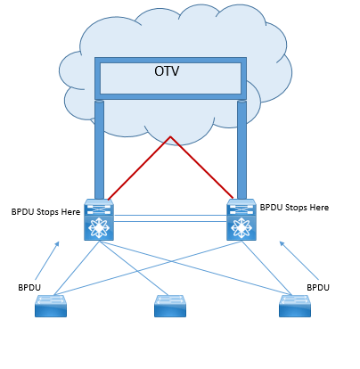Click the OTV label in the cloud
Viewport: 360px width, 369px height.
coord(167,71)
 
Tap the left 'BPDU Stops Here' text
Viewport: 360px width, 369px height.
coord(45,212)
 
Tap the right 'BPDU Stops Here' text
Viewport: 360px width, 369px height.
coord(294,208)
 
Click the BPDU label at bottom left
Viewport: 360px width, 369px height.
coord(29,288)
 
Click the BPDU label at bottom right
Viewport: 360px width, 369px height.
coord(318,288)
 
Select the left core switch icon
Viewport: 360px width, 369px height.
coord(99,219)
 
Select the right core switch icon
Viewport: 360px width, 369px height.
coord(241,219)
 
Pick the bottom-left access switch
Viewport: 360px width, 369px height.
coord(51,306)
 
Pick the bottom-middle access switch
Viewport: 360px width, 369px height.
coord(170,306)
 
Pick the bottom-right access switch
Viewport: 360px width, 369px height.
coord(295,306)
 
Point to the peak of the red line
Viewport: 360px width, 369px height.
coord(170,136)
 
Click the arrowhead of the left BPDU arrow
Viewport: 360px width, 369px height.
coord(57,243)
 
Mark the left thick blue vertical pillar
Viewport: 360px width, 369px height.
coord(99,150)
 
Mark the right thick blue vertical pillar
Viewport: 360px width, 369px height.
coord(241,150)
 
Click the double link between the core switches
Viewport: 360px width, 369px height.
coord(170,218)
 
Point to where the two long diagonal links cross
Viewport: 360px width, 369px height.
coord(170,261)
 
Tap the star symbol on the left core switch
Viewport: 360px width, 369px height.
coord(99,228)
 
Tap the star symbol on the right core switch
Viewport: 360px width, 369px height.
coord(241,228)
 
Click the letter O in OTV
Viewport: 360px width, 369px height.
coord(159,71)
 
